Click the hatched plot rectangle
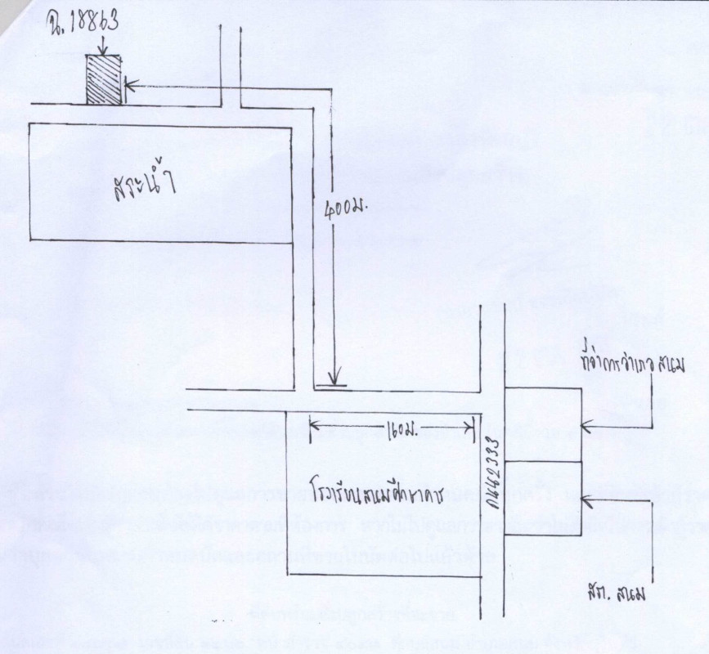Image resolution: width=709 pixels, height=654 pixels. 104,79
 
